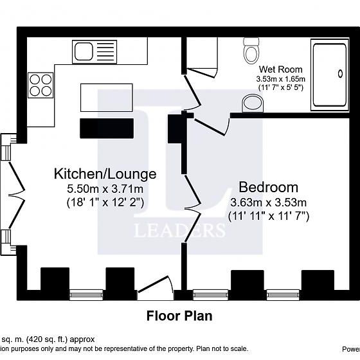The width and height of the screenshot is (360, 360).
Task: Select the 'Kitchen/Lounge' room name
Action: [x=105, y=174]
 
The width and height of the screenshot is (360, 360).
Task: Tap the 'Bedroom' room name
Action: [x=268, y=188]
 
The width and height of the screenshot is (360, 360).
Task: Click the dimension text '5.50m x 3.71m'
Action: [x=105, y=188]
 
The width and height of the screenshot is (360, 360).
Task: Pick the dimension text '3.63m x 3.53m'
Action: [x=268, y=203]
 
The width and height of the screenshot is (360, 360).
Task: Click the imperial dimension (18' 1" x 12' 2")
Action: [x=105, y=202]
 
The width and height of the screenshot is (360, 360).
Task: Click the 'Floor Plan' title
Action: [x=179, y=316]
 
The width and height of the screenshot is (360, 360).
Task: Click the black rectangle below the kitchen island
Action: [x=107, y=128]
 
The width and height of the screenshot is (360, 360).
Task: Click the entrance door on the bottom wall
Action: [x=156, y=287]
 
